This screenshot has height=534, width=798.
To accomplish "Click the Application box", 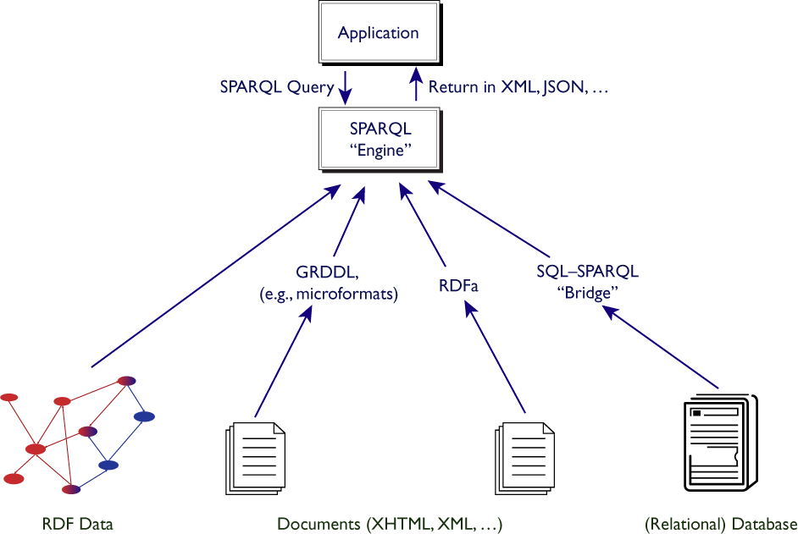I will (378, 34).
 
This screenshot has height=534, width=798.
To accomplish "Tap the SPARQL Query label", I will (276, 86).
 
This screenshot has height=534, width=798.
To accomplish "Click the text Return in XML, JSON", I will (518, 86).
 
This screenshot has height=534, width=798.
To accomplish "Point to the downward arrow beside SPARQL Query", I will (346, 86).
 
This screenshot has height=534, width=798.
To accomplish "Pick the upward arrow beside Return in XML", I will (416, 86).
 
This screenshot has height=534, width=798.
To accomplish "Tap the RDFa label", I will (458, 286).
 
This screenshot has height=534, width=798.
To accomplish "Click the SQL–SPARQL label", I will (587, 273).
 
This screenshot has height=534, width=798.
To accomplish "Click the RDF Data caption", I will (78, 525).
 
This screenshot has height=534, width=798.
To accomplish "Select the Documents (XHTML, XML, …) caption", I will (390, 525).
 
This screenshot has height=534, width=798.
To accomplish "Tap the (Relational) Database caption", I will (721, 525).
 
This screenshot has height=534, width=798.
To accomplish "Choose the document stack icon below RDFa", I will (524, 459).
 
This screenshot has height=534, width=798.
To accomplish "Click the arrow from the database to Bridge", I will (663, 347).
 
